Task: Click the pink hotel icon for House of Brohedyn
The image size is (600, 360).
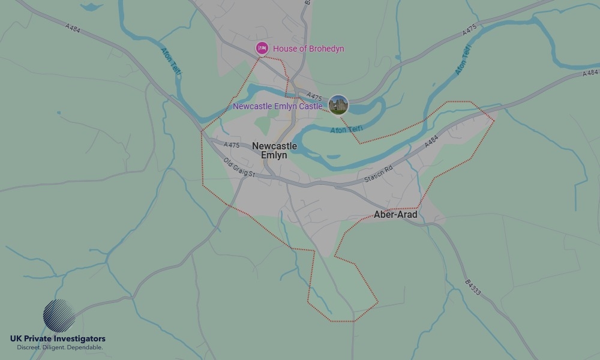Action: coord(262,48)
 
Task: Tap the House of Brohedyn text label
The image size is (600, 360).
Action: coord(308,49)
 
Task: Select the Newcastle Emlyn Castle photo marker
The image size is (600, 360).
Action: coord(338,105)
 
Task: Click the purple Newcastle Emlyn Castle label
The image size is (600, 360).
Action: coord(278,106)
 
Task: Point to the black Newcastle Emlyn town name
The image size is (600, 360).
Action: coord(274,151)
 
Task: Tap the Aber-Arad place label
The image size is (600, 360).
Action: coord(395,215)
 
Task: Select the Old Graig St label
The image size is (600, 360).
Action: coord(239,167)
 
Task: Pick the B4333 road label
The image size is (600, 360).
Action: coord(473,287)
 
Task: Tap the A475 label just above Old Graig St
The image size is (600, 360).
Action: coord(232,145)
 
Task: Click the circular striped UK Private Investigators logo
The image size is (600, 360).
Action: coord(59,316)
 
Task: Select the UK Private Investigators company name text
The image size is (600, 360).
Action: coord(58,339)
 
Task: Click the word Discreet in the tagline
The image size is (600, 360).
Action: coord(29,347)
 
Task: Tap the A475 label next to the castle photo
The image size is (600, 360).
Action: coord(314,95)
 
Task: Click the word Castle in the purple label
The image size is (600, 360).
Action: coord(311,106)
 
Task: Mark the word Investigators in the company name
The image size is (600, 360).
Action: coord(79,339)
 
